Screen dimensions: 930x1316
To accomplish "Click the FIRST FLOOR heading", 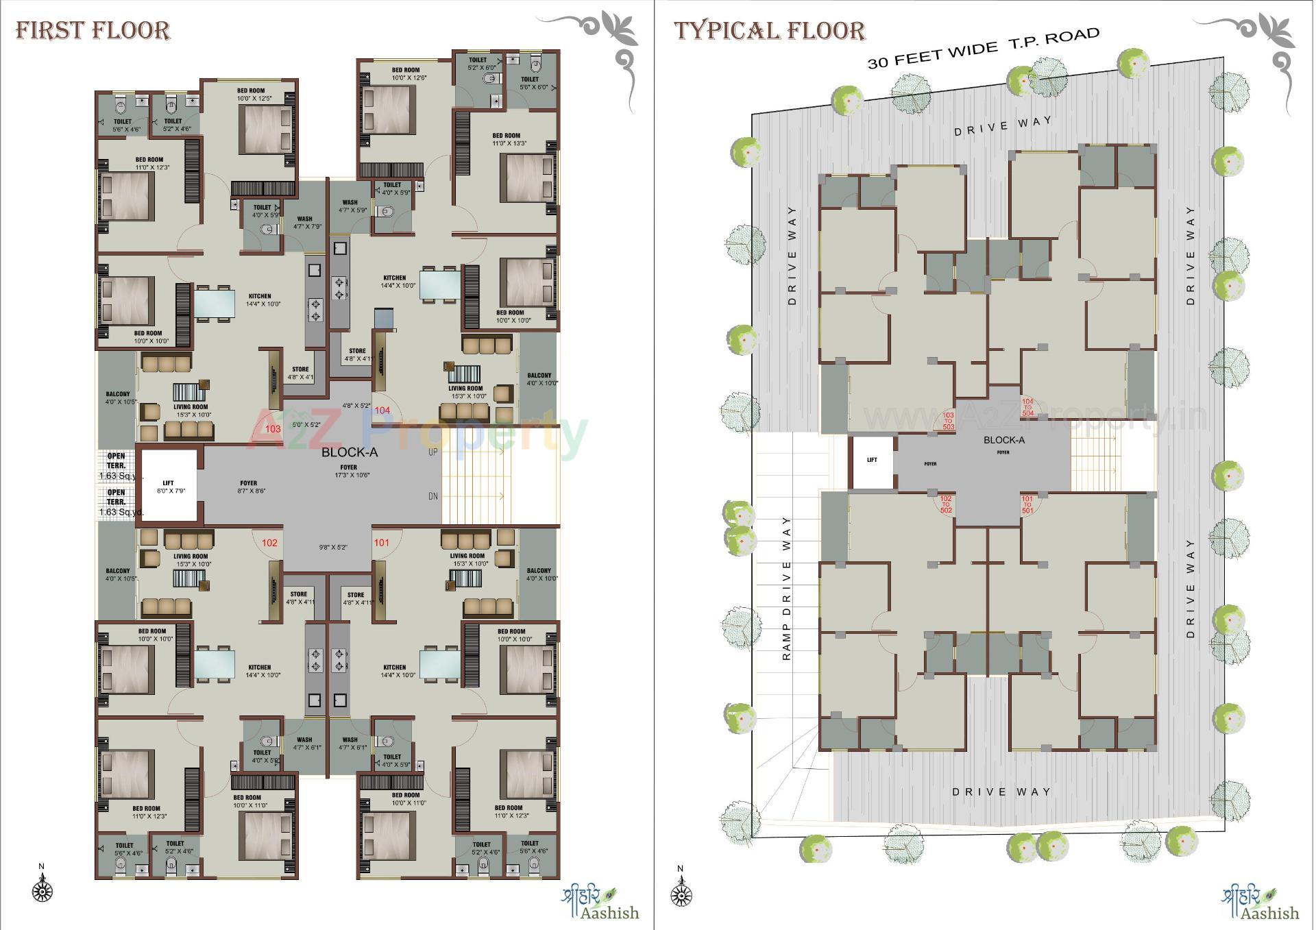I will pyautogui.click(x=93, y=31).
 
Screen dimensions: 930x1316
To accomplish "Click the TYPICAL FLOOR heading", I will pyautogui.click(x=769, y=31).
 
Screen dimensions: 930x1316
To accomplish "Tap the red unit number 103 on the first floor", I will pyautogui.click(x=273, y=429).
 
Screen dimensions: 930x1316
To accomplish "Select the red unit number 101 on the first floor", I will pyautogui.click(x=381, y=543).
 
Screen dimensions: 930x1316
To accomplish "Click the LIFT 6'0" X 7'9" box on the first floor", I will pyautogui.click(x=169, y=487).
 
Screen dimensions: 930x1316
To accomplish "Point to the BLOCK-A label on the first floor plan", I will pyautogui.click(x=350, y=452).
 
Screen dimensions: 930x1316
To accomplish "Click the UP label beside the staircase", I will pyautogui.click(x=432, y=452).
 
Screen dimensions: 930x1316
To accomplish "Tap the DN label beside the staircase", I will pyautogui.click(x=432, y=496).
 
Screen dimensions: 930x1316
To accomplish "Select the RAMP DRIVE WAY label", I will pyautogui.click(x=786, y=588).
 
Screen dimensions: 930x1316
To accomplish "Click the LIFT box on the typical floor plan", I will pyautogui.click(x=872, y=461).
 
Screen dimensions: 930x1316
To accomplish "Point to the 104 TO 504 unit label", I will pyautogui.click(x=1027, y=407).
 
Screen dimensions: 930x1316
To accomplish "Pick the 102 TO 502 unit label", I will pyautogui.click(x=946, y=504).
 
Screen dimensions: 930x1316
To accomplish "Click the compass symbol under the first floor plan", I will pyautogui.click(x=42, y=891).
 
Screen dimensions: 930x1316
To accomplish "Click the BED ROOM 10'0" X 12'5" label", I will pyautogui.click(x=251, y=95).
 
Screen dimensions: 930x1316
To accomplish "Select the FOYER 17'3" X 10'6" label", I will pyautogui.click(x=348, y=472).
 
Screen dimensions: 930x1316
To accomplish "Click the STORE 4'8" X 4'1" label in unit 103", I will pyautogui.click(x=300, y=373).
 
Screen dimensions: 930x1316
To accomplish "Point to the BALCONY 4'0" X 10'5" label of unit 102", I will pyautogui.click(x=119, y=574).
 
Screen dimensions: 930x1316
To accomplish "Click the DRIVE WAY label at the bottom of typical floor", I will pyautogui.click(x=1001, y=792).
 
